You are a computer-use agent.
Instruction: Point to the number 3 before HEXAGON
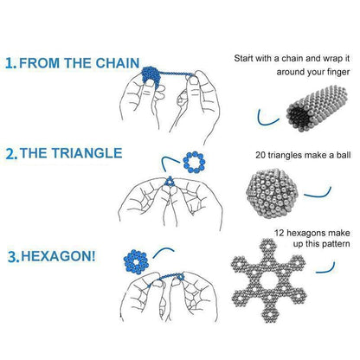tap(12, 257)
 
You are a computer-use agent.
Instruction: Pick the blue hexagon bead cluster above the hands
tap(135, 260)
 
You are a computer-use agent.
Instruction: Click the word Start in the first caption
tap(245, 59)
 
